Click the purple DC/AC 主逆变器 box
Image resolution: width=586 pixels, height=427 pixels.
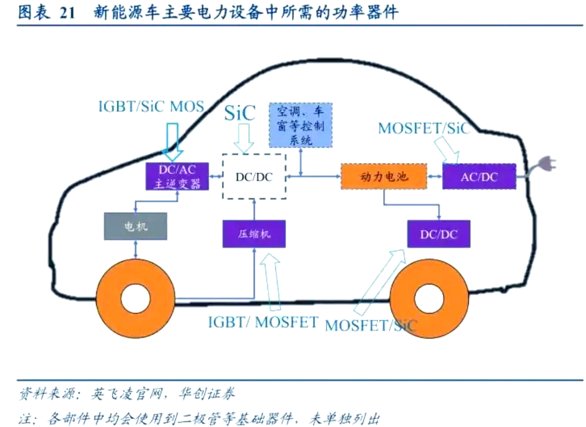click(177, 175)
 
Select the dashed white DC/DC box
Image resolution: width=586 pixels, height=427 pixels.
click(254, 177)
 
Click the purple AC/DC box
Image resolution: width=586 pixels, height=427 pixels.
click(479, 176)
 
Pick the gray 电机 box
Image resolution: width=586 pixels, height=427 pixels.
click(135, 227)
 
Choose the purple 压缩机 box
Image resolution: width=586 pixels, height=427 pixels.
click(254, 234)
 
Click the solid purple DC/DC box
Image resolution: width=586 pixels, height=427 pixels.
click(439, 234)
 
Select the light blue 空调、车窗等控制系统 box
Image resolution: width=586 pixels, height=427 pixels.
click(300, 125)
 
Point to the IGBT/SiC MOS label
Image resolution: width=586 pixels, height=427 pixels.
click(151, 106)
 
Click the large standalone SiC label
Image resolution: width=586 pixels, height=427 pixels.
click(240, 113)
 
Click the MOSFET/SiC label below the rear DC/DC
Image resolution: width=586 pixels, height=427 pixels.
click(371, 325)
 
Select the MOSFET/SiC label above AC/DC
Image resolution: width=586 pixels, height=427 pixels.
click(424, 128)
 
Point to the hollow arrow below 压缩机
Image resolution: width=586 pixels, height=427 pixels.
click(270, 282)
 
